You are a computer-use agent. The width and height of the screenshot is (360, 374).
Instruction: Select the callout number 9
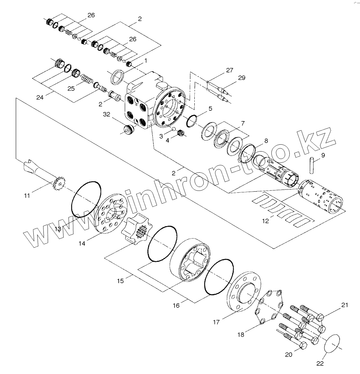pyautogui.click(x=323, y=155)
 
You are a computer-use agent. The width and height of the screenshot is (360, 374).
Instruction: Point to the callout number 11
pyautogui.click(x=27, y=195)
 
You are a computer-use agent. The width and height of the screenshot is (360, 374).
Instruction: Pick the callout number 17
pyautogui.click(x=216, y=322)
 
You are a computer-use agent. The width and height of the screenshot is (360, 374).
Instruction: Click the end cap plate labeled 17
pyautogui.click(x=242, y=294)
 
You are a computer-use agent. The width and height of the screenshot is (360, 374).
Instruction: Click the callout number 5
pyautogui.click(x=210, y=108)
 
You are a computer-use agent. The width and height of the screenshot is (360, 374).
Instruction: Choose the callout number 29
pyautogui.click(x=242, y=78)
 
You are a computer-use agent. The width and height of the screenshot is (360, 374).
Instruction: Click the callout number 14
pyautogui.click(x=82, y=243)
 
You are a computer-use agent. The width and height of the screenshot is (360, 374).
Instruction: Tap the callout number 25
pyautogui.click(x=71, y=88)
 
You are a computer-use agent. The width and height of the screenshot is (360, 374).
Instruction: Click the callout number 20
pyautogui.click(x=289, y=355)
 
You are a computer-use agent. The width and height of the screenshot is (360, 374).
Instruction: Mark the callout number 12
pyautogui.click(x=265, y=221)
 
